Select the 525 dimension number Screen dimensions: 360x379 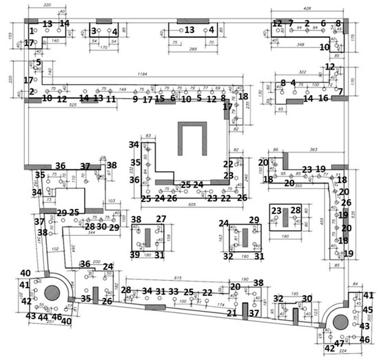pos(73,104)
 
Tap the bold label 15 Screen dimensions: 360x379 pos(159,99)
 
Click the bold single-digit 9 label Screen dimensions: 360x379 pos(136,99)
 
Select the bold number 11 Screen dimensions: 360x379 pos(111,99)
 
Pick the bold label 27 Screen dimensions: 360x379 pos(161,219)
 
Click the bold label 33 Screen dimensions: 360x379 pos(174,292)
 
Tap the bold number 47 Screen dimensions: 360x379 pos(339,343)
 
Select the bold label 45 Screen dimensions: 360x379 pos(367,310)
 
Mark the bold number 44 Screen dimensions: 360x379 pos(43,317)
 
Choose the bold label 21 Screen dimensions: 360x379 pos(232,313)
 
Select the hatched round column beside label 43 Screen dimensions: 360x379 pos(340,320)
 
